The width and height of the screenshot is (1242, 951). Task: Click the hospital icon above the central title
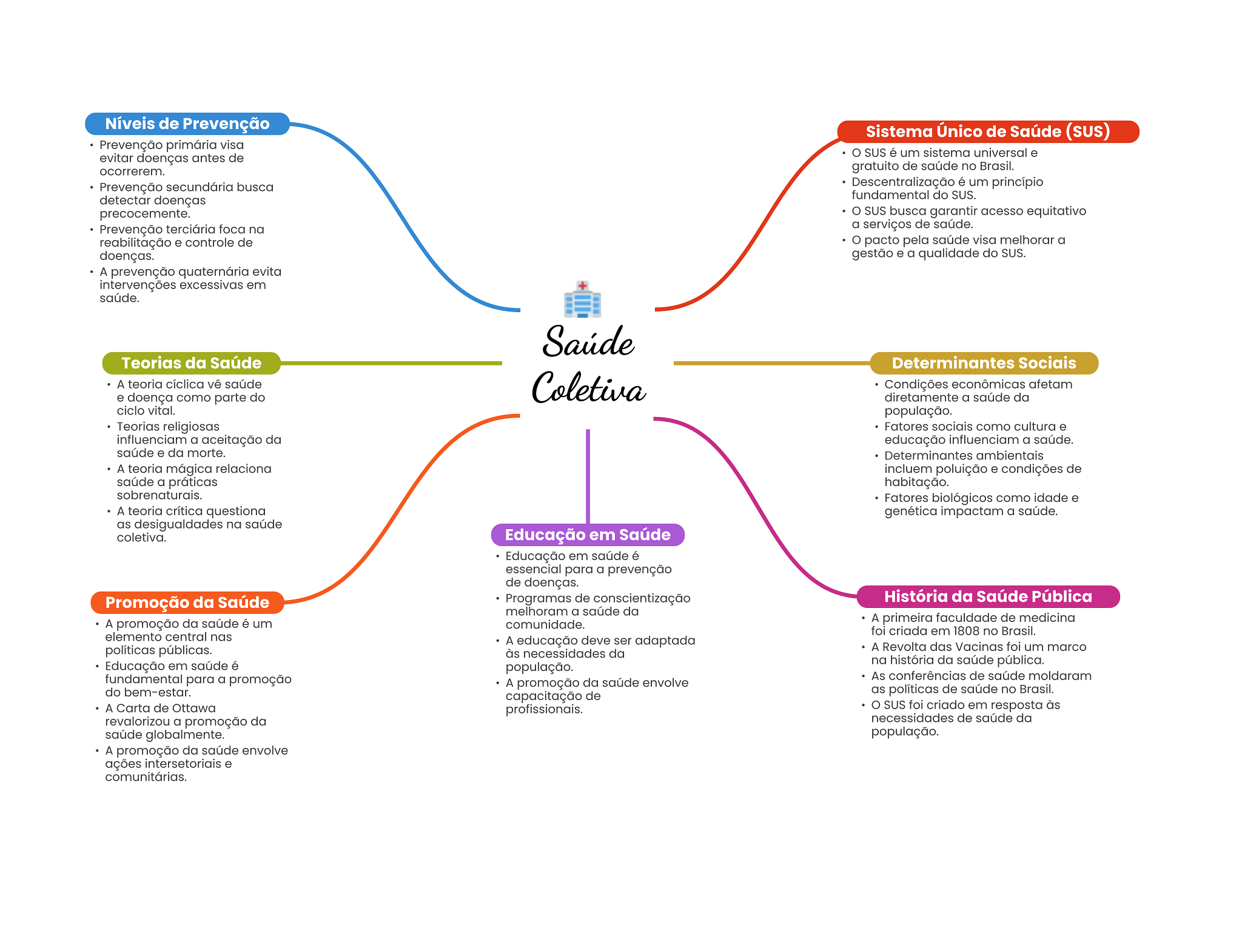tap(582, 299)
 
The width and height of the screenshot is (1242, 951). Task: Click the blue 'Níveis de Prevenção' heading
tap(187, 124)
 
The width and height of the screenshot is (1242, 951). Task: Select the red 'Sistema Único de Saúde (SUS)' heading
tap(987, 132)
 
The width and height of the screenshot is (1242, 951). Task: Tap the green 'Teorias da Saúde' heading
tap(191, 363)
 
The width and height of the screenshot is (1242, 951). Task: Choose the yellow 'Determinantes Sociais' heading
tap(984, 363)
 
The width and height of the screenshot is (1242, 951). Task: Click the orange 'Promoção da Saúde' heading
tap(187, 602)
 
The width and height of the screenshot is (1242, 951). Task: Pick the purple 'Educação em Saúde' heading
tap(588, 535)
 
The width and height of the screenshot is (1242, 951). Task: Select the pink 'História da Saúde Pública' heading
tap(988, 596)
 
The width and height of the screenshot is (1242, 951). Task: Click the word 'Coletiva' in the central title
tap(588, 388)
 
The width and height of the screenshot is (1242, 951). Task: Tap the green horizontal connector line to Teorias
tap(391, 363)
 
